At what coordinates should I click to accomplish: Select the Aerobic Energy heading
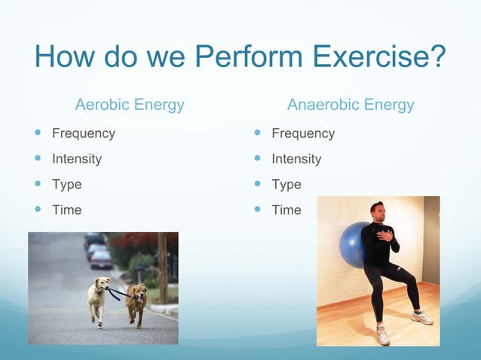coord(130,105)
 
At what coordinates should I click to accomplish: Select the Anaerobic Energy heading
coord(351,105)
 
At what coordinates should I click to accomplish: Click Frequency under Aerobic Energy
coord(83,133)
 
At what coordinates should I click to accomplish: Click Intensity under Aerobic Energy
coord(76,159)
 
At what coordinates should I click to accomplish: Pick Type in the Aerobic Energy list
coord(66,185)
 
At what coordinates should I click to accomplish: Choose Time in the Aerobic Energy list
coord(66,210)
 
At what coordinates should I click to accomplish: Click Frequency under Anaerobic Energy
coord(303,133)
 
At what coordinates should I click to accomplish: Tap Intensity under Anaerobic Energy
coord(296,159)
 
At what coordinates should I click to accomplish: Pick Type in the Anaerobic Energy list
coord(286,185)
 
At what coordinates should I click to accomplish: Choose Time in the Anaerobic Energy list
coord(286,210)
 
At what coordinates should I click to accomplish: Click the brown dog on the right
coord(136,302)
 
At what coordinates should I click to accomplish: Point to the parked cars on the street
coord(97,252)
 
